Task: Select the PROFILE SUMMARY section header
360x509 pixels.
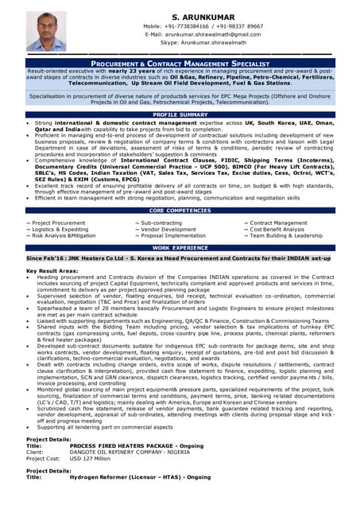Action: (180, 115)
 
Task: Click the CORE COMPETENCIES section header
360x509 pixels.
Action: (180, 210)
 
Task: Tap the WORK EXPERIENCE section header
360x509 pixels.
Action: (180, 248)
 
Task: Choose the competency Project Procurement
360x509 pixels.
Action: (57, 223)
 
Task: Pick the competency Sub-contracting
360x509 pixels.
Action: (161, 223)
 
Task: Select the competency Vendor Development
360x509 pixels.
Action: (165, 230)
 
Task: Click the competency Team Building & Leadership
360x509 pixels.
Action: (285, 236)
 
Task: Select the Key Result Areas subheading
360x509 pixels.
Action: (53, 271)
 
